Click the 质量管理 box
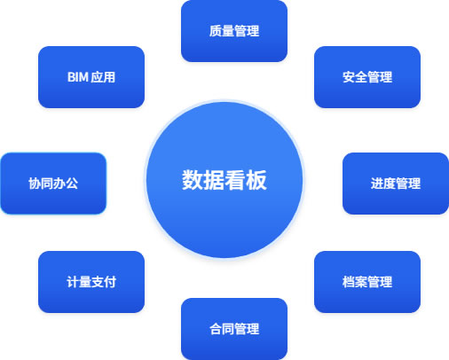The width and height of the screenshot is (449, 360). (234, 31)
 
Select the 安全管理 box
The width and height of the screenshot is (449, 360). (367, 77)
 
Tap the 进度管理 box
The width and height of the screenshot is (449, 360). (396, 184)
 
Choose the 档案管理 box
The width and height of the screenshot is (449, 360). (367, 282)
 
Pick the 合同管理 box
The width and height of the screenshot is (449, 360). (234, 329)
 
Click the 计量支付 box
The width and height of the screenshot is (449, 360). (91, 282)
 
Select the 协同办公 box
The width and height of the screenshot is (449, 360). (53, 184)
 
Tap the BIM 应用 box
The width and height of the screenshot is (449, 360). (91, 77)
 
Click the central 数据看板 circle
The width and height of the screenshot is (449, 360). (224, 180)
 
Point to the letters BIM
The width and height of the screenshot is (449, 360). (78, 77)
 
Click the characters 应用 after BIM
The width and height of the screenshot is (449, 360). (103, 77)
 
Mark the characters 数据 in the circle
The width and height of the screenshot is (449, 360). (203, 180)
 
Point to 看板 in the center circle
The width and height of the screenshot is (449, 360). (246, 180)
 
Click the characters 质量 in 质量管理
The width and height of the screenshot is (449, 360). (222, 31)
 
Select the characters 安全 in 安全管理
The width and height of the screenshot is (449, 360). (355, 77)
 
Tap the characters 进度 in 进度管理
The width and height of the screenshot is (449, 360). (383, 184)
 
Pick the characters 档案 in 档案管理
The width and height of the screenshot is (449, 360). (355, 282)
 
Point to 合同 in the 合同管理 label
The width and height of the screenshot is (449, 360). (222, 329)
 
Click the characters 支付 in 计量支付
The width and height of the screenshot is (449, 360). (104, 282)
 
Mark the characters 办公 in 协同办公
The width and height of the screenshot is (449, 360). (66, 184)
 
